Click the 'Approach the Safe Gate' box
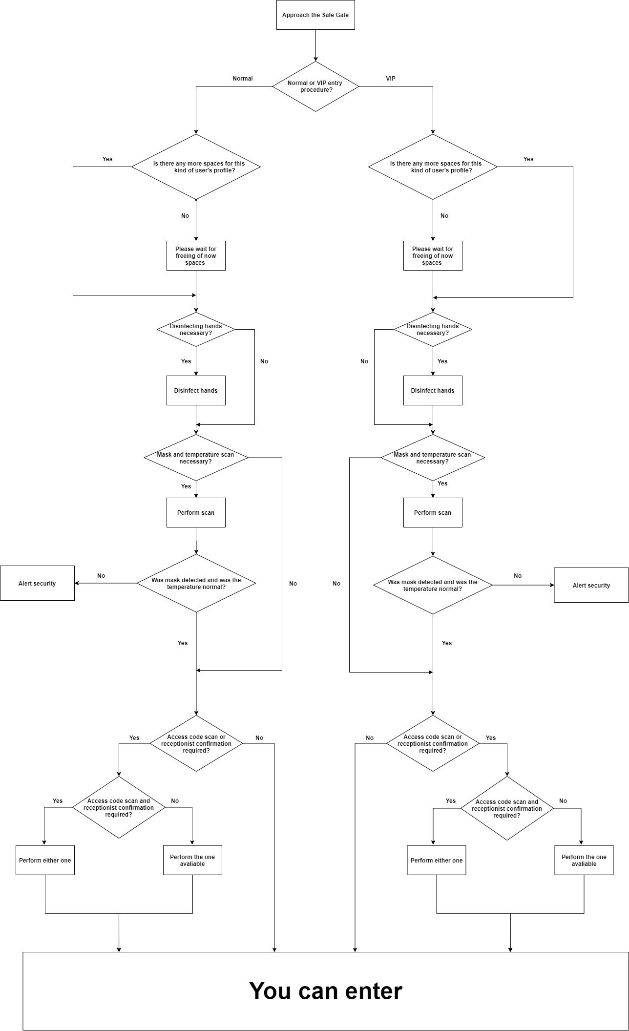coord(315,15)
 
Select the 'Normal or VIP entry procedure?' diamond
coord(315,86)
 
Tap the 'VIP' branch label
coord(391,79)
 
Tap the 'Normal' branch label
coord(243,79)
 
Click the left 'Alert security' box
coord(37,583)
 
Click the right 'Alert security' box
coord(591,585)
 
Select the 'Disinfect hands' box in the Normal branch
coord(196,390)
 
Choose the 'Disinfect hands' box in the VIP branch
coord(433,390)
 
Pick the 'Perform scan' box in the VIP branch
coord(433,512)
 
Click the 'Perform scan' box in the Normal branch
coord(196,512)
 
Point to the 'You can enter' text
coord(326,991)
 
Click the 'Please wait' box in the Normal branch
coord(196,255)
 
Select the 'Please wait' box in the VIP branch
coord(433,255)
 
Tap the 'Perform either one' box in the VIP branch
coord(437,860)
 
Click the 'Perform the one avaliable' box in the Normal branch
coord(192,860)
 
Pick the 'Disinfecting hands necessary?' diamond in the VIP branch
coord(433,330)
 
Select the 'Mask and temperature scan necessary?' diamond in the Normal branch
coord(196,458)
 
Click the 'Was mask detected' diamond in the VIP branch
coord(433,585)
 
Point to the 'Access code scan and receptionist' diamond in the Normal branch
coord(119,807)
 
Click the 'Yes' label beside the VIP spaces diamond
coord(528,159)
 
